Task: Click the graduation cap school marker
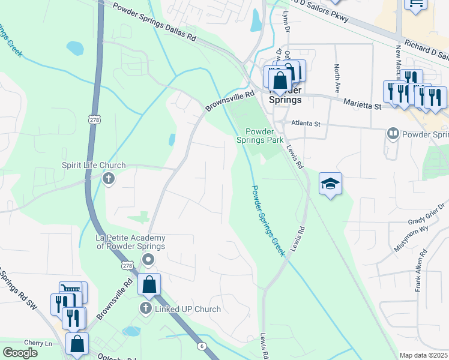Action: (x=330, y=184)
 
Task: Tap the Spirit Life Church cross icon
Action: (x=109, y=178)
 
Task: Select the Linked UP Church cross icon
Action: (x=145, y=308)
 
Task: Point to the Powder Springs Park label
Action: (x=264, y=136)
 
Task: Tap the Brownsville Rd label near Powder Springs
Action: (x=230, y=101)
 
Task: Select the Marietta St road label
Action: (x=362, y=104)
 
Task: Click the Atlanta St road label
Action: (x=306, y=124)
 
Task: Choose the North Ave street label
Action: (x=337, y=74)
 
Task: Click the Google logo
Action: (x=20, y=353)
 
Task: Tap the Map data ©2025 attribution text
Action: (x=423, y=355)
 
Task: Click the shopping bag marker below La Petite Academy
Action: (x=149, y=284)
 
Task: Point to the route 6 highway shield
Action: (x=200, y=345)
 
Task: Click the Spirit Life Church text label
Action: (x=94, y=165)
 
